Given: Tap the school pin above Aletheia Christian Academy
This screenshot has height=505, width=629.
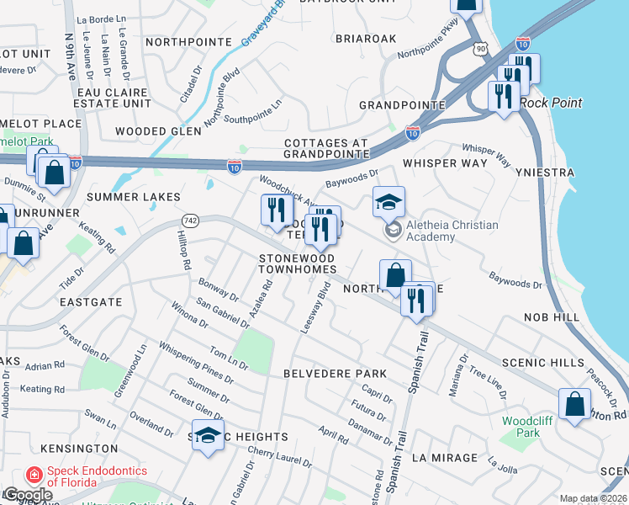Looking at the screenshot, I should (x=389, y=203).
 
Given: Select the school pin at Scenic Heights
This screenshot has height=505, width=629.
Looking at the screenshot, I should (x=208, y=436).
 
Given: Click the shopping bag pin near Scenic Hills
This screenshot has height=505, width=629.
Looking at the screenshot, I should (x=575, y=405).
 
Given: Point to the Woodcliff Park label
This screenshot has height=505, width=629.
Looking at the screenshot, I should (x=521, y=426).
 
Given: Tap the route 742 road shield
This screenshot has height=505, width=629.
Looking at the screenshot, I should (x=184, y=220).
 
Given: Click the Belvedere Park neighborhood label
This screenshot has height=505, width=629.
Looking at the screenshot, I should (x=335, y=373).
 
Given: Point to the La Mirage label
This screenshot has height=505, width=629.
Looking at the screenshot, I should (x=445, y=459).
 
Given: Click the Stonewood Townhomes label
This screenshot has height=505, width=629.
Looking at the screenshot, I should (x=297, y=263).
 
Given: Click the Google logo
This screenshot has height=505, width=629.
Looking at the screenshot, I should (x=27, y=494).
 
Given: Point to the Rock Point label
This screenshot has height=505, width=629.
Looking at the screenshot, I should (x=551, y=103).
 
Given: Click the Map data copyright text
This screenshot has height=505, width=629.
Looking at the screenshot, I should (x=593, y=498).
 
